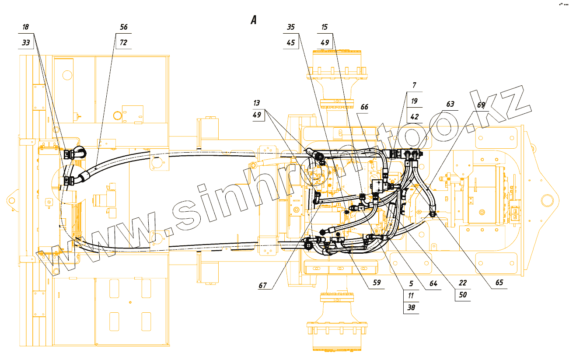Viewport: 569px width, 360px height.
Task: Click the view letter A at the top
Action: pyautogui.click(x=253, y=20)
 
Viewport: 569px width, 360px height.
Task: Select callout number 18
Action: pyautogui.click(x=26, y=27)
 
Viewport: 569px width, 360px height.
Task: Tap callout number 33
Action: pyautogui.click(x=26, y=43)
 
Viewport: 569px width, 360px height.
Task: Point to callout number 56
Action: pyautogui.click(x=124, y=27)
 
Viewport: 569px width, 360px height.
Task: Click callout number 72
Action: pyautogui.click(x=124, y=43)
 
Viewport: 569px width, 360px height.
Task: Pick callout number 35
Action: pyautogui.click(x=291, y=27)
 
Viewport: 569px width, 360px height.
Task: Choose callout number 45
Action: pyautogui.click(x=291, y=43)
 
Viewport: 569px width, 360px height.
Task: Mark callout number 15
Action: pyautogui.click(x=324, y=27)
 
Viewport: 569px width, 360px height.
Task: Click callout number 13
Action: pyautogui.click(x=257, y=103)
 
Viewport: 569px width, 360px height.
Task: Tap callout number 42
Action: pyautogui.click(x=414, y=117)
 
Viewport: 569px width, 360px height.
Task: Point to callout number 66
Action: pyautogui.click(x=364, y=107)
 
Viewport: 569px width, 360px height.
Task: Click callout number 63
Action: pyautogui.click(x=450, y=104)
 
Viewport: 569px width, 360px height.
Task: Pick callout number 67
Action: pyautogui.click(x=262, y=286)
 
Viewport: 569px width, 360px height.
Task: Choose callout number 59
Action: pyautogui.click(x=377, y=283)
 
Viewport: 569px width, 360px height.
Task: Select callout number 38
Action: pyautogui.click(x=411, y=308)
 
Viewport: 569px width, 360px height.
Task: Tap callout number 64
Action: pyautogui.click(x=433, y=283)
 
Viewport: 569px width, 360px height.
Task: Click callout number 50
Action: pyautogui.click(x=463, y=295)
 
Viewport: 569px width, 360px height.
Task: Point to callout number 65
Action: pyautogui.click(x=499, y=283)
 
